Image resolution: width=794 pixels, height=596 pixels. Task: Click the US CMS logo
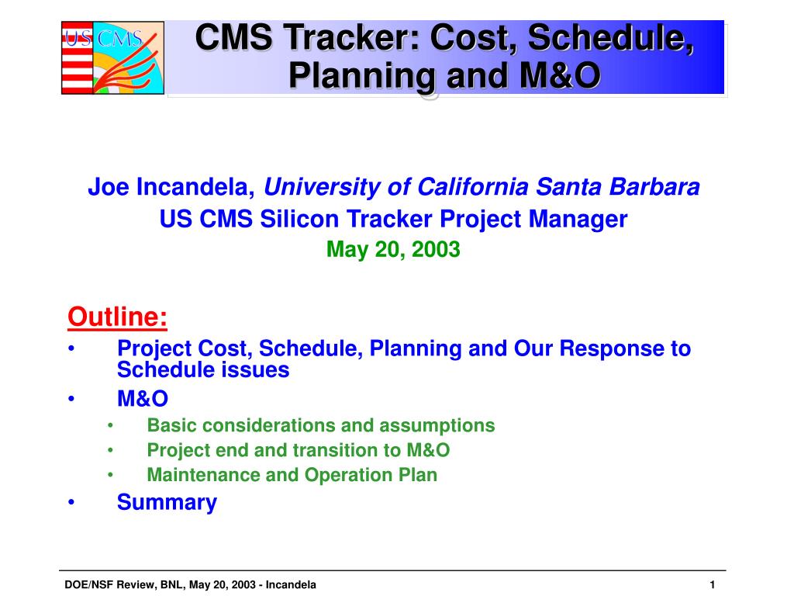coord(112,57)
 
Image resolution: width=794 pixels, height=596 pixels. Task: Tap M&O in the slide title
coord(560,76)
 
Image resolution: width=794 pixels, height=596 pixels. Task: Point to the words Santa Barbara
coord(618,186)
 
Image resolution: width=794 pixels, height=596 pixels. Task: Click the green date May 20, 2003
coord(393,249)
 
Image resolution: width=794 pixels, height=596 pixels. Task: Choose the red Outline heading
coord(118,317)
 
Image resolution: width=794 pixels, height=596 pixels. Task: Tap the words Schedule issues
coord(203,370)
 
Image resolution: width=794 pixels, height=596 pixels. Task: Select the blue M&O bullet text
coord(143,399)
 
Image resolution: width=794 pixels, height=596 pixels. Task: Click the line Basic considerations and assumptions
coord(320,425)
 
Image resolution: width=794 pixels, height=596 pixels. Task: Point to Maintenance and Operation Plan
coord(292,475)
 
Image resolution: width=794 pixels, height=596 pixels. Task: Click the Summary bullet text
coord(167,503)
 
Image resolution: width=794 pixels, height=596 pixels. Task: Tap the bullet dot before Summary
coord(71,502)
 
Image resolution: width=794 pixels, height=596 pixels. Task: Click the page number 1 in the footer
coord(712,585)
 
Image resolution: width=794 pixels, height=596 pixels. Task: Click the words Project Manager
coord(533,220)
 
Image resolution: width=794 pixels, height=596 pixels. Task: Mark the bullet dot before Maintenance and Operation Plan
coord(110,475)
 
